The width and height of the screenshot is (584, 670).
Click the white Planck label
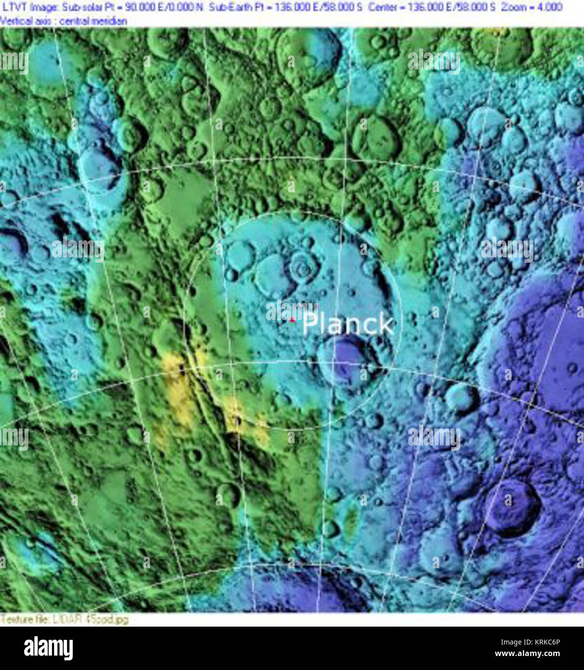coord(348,324)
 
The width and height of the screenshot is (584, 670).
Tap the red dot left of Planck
coord(292,319)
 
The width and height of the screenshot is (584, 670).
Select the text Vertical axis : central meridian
coord(64,21)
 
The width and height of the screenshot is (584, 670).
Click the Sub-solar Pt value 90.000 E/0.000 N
coord(164,7)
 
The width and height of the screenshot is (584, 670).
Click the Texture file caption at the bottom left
coord(65,619)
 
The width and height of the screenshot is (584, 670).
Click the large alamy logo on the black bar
coord(48,648)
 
